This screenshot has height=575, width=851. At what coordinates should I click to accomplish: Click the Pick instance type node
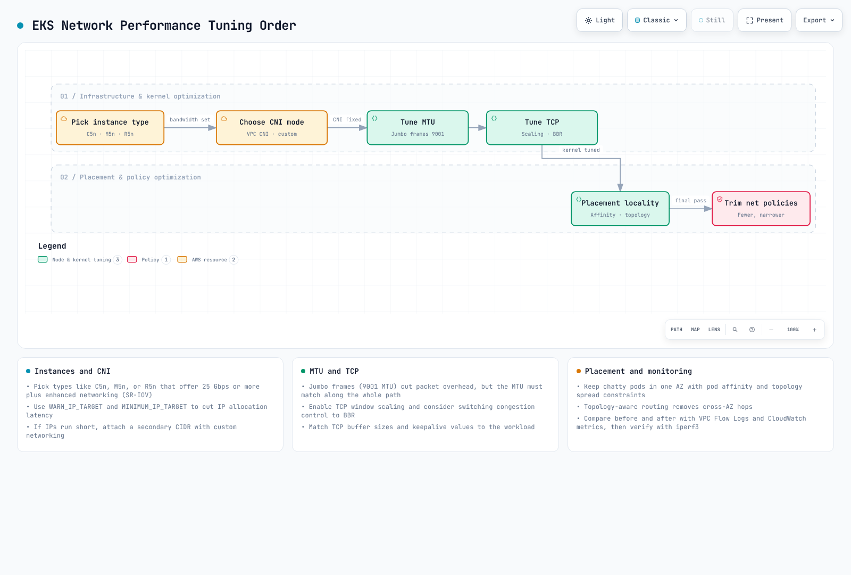pos(110,128)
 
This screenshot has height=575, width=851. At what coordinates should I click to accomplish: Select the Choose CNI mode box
pos(272,128)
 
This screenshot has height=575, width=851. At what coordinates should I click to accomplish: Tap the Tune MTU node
pos(418,128)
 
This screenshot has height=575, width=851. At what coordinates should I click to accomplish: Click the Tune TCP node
pos(542,128)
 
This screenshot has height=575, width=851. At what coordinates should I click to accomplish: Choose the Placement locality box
pos(620,209)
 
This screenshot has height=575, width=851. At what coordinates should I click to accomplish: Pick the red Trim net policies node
pos(761,209)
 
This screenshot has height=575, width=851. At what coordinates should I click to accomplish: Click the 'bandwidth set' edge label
pos(190,120)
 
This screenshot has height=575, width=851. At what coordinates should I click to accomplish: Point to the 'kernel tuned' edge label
pos(581,150)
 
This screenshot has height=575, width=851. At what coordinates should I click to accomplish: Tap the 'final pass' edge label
pos(690,200)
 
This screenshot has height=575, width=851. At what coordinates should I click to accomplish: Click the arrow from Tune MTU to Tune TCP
pos(478,128)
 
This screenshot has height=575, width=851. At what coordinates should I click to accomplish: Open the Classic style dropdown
pos(656,20)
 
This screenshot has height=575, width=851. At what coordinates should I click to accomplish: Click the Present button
pos(764,20)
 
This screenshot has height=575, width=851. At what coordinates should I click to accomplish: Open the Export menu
pos(819,20)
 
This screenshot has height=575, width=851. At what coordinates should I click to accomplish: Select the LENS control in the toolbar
pos(714,330)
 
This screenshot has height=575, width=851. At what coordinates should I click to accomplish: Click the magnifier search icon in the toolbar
pos(735,330)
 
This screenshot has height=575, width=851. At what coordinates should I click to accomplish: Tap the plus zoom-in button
pos(814,330)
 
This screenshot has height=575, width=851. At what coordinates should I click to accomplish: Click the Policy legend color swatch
pos(132,260)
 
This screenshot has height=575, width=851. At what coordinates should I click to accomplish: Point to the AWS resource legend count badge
pos(233,260)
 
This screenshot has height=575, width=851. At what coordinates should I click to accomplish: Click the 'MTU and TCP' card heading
pos(334,371)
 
